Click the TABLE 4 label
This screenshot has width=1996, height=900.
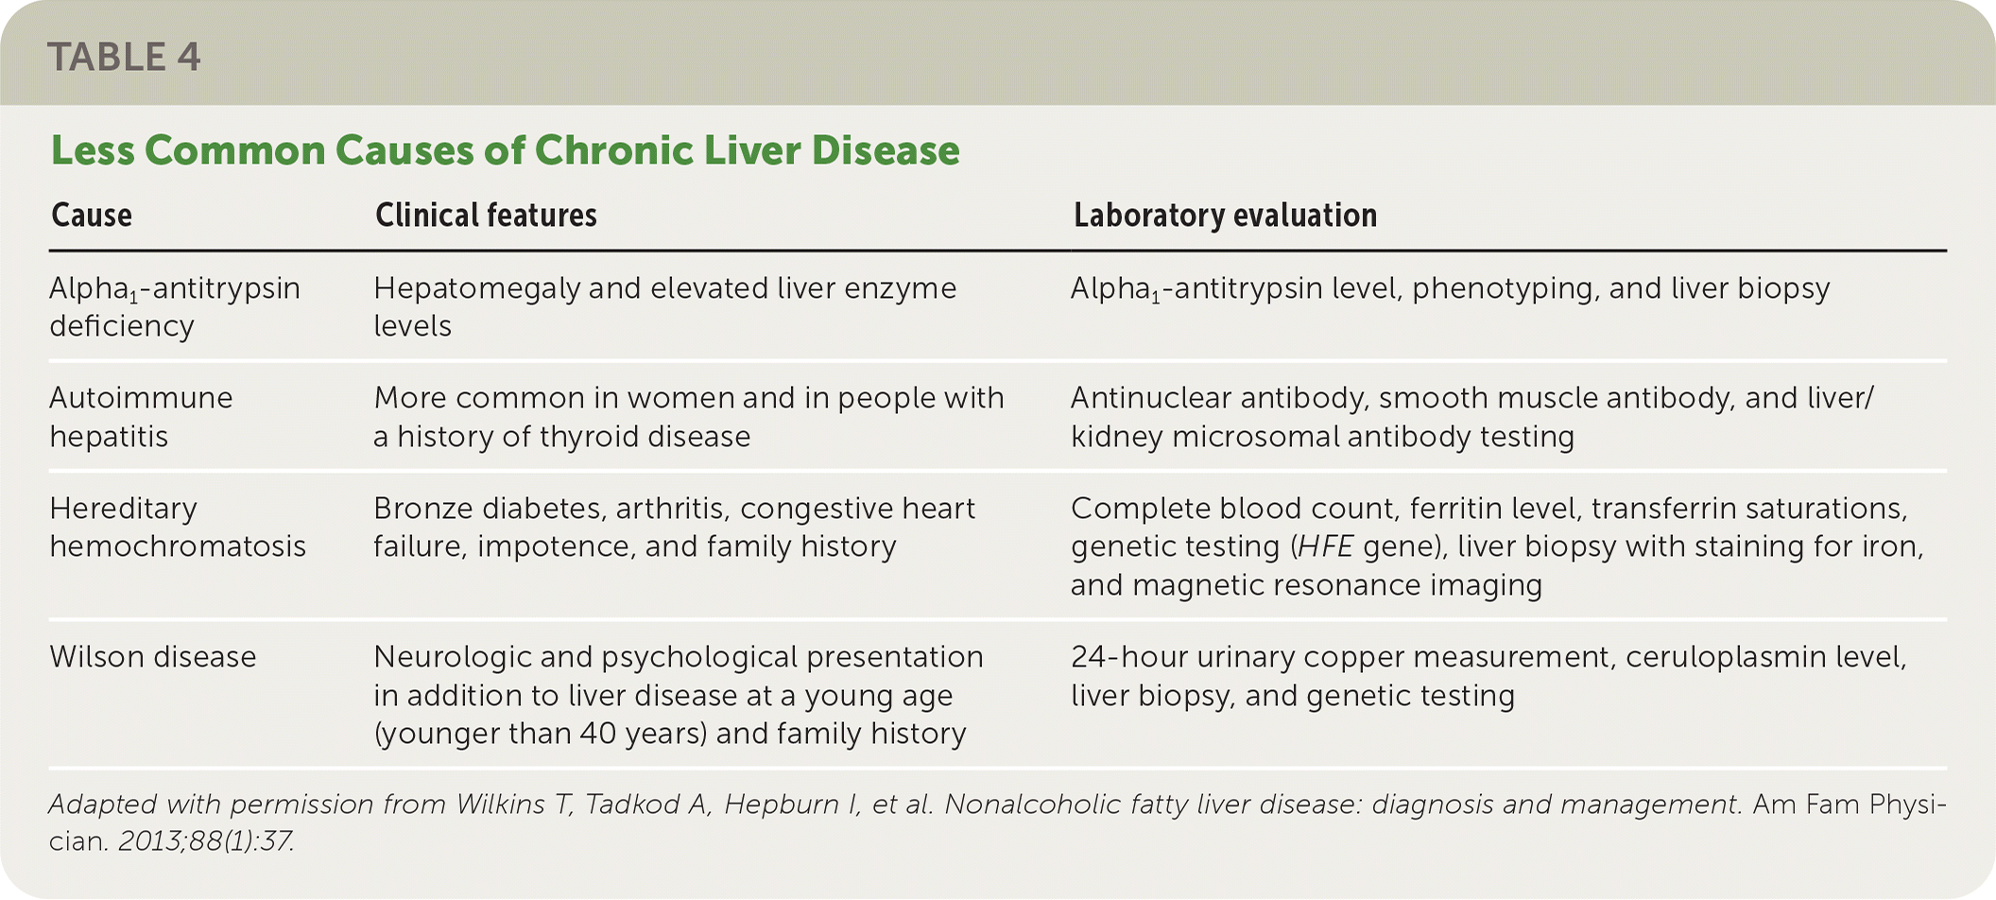pos(124,57)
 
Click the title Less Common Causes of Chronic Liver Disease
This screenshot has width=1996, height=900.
pos(506,150)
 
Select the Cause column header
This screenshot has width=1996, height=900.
pos(92,216)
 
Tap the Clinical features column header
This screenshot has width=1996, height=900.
pos(486,216)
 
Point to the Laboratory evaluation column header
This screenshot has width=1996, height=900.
pos(1225,216)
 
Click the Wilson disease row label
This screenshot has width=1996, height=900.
pos(153,657)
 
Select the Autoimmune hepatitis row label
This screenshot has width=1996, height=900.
pos(141,417)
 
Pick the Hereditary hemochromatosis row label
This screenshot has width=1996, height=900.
pos(178,528)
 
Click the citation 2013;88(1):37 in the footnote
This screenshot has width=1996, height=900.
pos(206,840)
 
